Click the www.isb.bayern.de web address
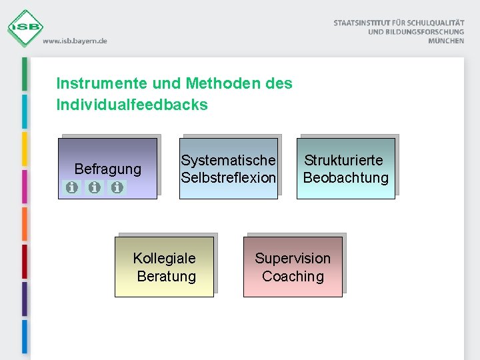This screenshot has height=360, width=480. point(75,41)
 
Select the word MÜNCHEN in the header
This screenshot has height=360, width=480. point(447,41)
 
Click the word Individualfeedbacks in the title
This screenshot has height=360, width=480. point(132,105)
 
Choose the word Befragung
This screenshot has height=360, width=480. point(108,169)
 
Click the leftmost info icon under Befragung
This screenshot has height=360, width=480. point(71,188)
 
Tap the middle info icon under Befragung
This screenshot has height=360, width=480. point(95,188)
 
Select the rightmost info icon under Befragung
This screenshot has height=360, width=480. point(117,188)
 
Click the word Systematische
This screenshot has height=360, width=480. point(228,161)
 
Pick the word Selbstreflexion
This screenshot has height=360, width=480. point(228,178)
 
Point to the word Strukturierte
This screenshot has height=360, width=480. point(344,161)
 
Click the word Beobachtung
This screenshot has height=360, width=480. point(345,178)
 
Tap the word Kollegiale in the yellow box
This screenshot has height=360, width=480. point(164,259)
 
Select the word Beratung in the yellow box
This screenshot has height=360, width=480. point(166,277)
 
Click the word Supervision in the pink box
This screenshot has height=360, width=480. point(293,259)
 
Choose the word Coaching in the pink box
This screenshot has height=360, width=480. point(293,277)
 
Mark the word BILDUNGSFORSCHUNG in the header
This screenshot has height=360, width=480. point(425,32)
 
